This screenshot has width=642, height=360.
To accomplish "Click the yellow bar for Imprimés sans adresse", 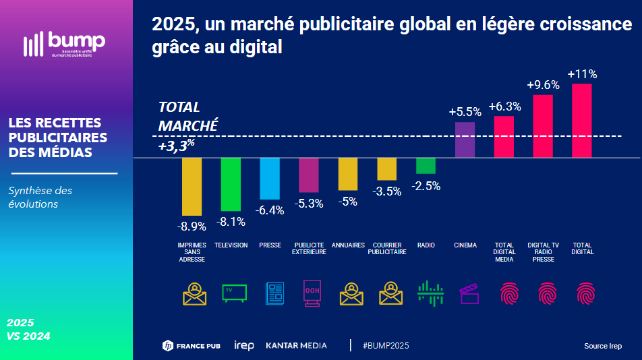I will (192, 187).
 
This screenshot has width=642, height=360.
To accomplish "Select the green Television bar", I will (231, 184).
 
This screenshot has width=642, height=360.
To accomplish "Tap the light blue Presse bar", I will (270, 179).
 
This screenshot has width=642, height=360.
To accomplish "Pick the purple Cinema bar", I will (465, 140).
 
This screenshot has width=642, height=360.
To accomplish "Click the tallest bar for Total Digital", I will (581, 121).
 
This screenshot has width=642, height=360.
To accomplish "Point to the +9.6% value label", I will (544, 85).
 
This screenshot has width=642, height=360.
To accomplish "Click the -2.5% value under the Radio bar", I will (427, 186).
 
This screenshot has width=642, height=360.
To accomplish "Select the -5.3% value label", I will (309, 203).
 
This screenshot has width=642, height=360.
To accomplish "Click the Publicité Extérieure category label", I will (309, 249).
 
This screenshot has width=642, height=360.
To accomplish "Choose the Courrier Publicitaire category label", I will (387, 249).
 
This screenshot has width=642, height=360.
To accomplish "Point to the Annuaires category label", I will (348, 245).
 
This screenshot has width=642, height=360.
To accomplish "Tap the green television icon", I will (234, 293).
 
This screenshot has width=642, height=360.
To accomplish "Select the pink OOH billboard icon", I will (312, 293).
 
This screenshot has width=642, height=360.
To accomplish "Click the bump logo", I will (64, 44).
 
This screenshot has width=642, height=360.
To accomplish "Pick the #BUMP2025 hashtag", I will (386, 346).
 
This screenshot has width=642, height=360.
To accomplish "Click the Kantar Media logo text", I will (296, 346).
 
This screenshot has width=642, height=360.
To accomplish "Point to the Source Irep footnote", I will (603, 347).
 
